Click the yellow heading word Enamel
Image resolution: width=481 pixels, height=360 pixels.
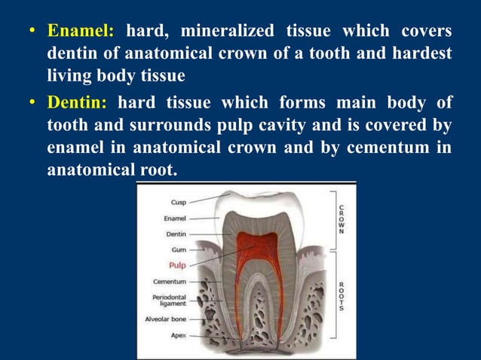[x=81, y=32]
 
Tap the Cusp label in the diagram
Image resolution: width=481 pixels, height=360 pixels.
[x=178, y=202]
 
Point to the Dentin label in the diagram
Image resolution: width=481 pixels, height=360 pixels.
[x=176, y=233]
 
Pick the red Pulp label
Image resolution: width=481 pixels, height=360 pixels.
[x=176, y=265]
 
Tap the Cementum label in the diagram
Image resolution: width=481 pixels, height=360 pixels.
[x=170, y=282]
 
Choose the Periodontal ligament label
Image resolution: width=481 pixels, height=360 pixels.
[x=169, y=301]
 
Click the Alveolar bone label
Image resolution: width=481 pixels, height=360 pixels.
[x=166, y=319]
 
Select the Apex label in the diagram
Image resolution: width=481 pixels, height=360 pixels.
[x=178, y=335]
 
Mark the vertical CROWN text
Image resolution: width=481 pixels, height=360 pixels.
[x=342, y=218]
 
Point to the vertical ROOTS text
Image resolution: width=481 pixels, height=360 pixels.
[x=342, y=296]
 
